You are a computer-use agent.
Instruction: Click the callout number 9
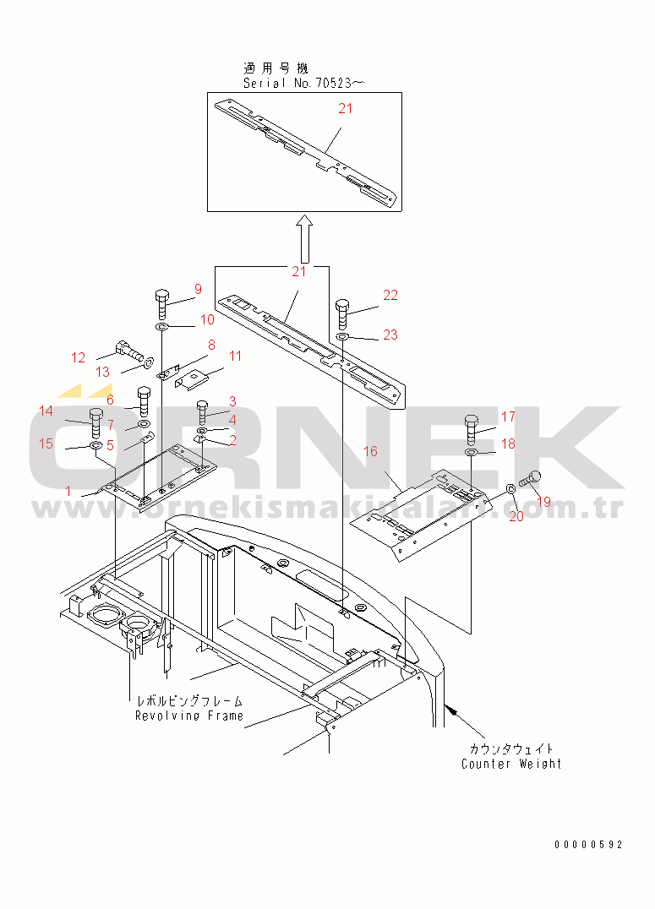coord(198,290)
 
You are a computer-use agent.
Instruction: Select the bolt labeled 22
coord(342,313)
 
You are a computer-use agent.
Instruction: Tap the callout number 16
coord(370,452)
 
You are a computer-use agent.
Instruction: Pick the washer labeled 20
coord(511,490)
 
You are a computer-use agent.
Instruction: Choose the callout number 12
coord(78,357)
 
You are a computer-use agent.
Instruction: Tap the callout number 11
coord(235,356)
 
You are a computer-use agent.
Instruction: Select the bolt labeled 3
coord(203,411)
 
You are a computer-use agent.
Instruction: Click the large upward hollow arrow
coord(306,237)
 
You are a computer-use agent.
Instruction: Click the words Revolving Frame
coord(189,716)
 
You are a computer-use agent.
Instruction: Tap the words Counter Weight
coord(511,764)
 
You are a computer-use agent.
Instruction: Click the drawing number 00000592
coord(588,845)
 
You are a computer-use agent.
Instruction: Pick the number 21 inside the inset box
coord(346,108)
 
